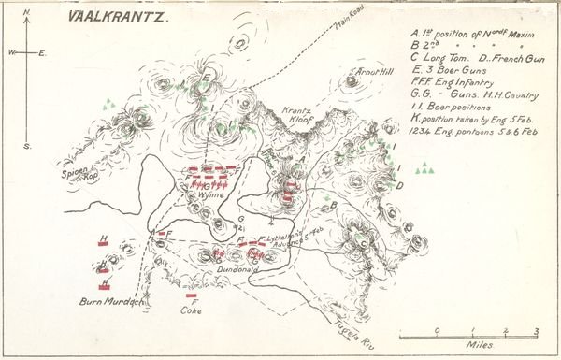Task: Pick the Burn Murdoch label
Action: (109, 302)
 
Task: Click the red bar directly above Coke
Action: (191, 295)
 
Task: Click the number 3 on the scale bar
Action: (536, 330)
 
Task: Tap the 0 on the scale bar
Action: (437, 330)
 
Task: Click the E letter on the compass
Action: (43, 53)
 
